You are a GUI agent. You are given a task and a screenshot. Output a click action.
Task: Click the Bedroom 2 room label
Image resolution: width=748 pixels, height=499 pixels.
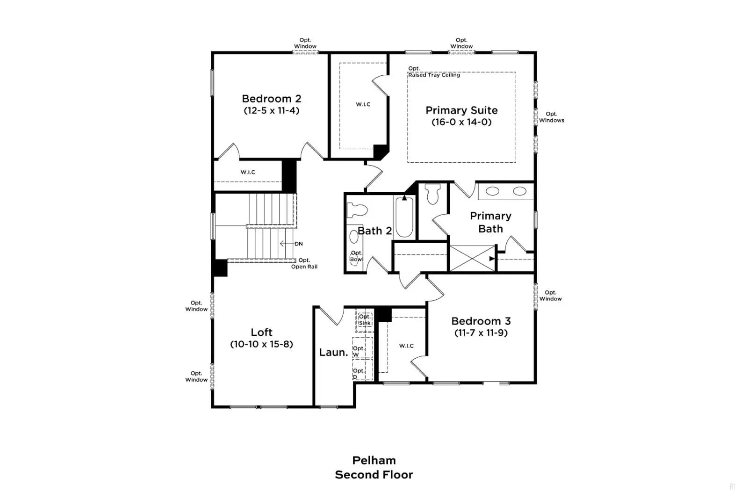click(272, 99)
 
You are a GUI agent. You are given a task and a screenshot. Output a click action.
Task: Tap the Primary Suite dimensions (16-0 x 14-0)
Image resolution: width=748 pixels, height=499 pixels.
click(461, 122)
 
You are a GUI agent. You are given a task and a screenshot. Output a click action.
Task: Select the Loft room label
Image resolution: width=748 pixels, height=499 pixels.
click(261, 332)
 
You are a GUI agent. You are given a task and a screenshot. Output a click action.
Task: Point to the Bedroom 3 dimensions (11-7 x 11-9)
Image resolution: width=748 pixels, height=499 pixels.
click(481, 333)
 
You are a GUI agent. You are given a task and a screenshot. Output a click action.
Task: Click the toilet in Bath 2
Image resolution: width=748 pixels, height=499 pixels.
click(357, 210)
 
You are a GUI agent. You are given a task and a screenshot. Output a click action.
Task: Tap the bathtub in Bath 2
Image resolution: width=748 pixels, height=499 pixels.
click(404, 217)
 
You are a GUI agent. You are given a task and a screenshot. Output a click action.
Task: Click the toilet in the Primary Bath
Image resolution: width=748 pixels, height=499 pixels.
click(433, 194)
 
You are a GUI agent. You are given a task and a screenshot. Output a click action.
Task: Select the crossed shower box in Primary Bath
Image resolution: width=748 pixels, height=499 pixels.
click(472, 258)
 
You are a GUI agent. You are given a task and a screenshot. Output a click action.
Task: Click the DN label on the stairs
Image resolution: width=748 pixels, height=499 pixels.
click(299, 244)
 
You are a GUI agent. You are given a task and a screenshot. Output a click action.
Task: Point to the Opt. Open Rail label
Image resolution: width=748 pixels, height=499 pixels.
click(304, 263)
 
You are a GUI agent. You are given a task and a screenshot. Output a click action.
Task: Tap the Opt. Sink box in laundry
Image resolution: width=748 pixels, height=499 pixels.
click(364, 320)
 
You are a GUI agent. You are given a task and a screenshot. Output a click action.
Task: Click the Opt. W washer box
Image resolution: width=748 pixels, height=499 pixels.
click(362, 348)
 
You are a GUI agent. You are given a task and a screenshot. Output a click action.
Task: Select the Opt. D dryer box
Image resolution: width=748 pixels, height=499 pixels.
click(362, 369)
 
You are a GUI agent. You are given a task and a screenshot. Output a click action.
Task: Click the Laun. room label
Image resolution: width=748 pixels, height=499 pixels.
click(334, 352)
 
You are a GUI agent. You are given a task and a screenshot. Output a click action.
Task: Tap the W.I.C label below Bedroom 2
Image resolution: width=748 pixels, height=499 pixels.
click(248, 173)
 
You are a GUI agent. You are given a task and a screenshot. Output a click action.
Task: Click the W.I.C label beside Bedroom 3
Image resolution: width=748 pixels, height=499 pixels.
click(406, 346)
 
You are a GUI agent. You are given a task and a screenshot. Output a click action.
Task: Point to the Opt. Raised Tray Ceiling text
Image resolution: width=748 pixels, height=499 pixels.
click(434, 72)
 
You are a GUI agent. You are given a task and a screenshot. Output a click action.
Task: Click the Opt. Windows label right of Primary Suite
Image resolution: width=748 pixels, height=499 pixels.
click(551, 117)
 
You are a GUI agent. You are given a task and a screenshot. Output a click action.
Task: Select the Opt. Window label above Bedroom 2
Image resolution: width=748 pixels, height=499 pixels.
click(305, 43)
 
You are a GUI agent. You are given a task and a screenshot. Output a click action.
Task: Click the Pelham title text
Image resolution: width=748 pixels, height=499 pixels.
click(374, 460)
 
